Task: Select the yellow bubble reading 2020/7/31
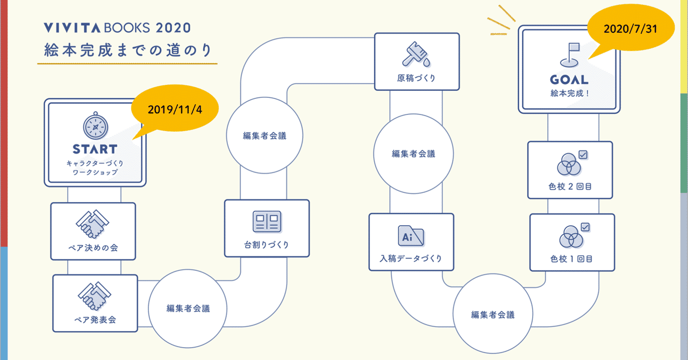click(630, 30)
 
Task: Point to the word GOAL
click(569, 80)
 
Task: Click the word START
click(95, 149)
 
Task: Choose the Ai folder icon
click(411, 236)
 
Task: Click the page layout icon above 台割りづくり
click(267, 221)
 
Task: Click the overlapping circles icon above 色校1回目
click(570, 237)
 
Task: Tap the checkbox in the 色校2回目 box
click(583, 155)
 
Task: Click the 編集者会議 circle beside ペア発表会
click(188, 308)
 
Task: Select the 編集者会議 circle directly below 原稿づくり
click(413, 154)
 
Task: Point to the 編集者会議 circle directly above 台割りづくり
click(264, 135)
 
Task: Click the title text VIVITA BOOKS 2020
click(117, 27)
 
